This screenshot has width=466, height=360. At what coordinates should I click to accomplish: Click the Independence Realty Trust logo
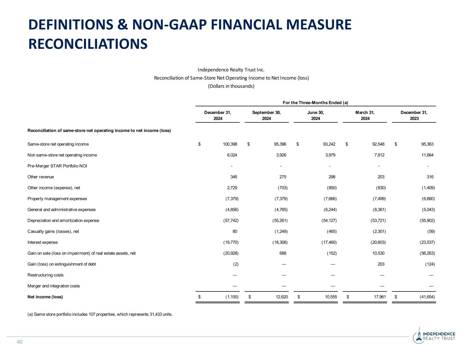(x=434, y=335)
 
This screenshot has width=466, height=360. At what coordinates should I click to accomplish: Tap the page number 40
(x=19, y=342)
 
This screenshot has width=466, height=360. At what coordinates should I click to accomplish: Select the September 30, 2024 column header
(x=266, y=115)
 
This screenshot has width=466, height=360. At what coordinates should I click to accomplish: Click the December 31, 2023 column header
(x=414, y=115)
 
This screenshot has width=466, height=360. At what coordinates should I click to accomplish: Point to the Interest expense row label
(x=43, y=242)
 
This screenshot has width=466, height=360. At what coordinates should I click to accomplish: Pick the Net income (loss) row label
(x=45, y=297)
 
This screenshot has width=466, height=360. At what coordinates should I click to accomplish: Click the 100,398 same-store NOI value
(x=229, y=144)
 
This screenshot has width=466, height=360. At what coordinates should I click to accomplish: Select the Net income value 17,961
(x=378, y=297)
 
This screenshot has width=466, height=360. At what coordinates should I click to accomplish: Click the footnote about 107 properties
(x=100, y=314)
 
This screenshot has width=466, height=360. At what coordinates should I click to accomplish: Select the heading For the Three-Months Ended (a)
(x=315, y=102)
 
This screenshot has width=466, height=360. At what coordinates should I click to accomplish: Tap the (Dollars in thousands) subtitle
(x=231, y=86)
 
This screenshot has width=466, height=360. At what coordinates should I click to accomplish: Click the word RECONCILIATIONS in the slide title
(x=88, y=44)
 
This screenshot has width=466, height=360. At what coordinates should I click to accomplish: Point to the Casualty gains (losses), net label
(x=53, y=231)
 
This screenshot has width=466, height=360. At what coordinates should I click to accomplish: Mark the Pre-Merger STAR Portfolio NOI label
(x=57, y=166)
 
